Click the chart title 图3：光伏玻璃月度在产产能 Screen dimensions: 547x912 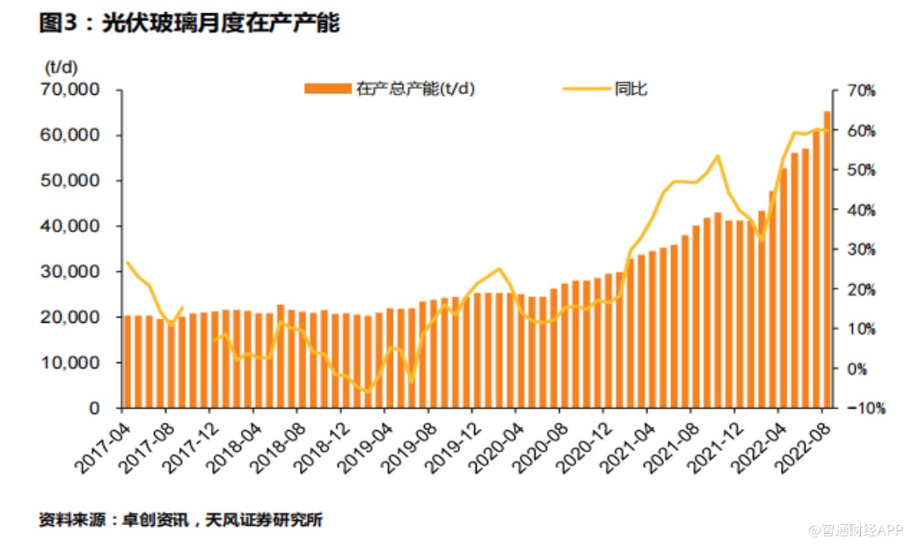(x=189, y=24)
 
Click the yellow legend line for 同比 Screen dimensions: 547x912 (x=586, y=88)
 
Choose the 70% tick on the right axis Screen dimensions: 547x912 (x=862, y=91)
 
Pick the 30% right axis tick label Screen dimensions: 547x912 (x=862, y=250)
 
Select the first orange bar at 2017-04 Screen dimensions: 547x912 (x=128, y=361)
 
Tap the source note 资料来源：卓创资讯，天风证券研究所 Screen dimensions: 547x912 (x=180, y=520)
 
